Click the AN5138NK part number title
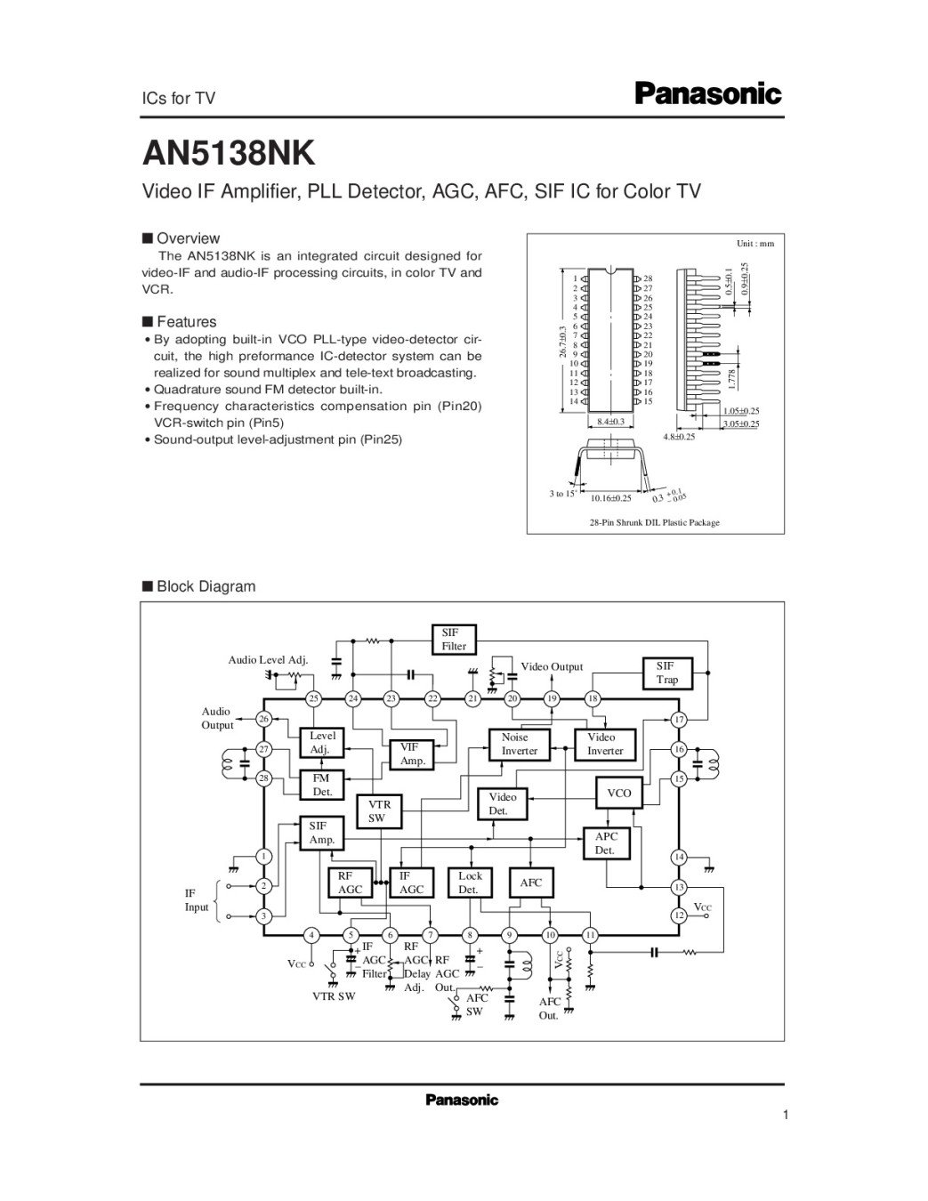tap(230, 152)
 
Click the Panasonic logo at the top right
tap(708, 93)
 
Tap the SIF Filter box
tap(454, 639)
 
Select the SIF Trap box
tap(666, 673)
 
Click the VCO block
tap(618, 793)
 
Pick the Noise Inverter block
tap(519, 744)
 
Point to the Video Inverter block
tap(604, 744)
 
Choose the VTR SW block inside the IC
tap(378, 810)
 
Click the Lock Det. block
tap(469, 883)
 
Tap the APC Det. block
tap(605, 843)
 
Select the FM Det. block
tap(321, 785)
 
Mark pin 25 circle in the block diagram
tap(313, 698)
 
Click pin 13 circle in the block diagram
tap(679, 887)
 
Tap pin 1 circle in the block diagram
tap(264, 857)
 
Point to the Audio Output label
tap(216, 718)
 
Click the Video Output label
tap(552, 666)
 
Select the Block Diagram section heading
tap(206, 586)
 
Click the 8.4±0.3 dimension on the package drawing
tap(609, 421)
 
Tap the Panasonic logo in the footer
tap(462, 1100)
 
